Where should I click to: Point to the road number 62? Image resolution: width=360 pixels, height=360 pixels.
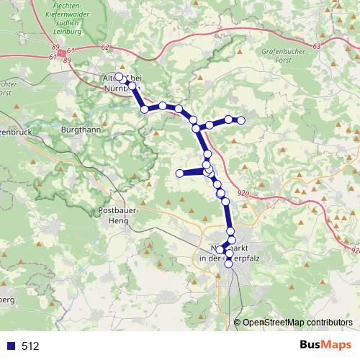106,47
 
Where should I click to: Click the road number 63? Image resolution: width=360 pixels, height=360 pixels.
318,45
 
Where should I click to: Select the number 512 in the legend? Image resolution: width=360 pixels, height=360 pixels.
31,346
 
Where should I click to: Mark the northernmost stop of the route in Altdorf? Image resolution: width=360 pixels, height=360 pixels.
119,76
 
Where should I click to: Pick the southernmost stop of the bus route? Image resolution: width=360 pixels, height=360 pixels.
229,264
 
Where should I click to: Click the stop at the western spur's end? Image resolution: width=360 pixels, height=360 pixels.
179,173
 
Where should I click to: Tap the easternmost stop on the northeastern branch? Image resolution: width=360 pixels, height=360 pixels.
241,120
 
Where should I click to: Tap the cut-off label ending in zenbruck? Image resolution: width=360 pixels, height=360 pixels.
14,133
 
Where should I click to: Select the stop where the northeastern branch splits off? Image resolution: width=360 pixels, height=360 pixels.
196,129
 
